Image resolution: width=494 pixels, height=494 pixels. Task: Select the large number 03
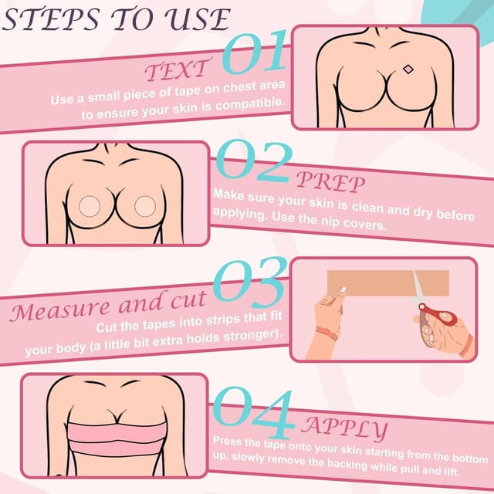(249, 283)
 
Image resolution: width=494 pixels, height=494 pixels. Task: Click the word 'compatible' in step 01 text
(252, 103)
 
